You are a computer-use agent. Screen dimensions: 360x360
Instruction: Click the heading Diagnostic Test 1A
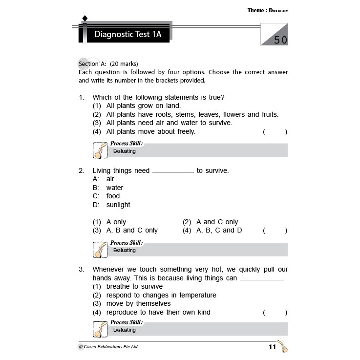click(127, 35)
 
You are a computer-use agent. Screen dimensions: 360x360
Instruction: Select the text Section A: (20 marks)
click(108, 64)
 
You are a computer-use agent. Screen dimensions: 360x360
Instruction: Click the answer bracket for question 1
click(275, 132)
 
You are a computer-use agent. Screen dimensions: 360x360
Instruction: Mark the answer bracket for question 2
click(275, 231)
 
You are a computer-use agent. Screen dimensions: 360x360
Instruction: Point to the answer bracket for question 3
click(275, 313)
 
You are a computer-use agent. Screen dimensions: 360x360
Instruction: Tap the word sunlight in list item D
click(118, 205)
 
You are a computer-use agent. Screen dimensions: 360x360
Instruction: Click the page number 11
click(273, 347)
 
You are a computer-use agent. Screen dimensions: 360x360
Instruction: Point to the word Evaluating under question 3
click(125, 330)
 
